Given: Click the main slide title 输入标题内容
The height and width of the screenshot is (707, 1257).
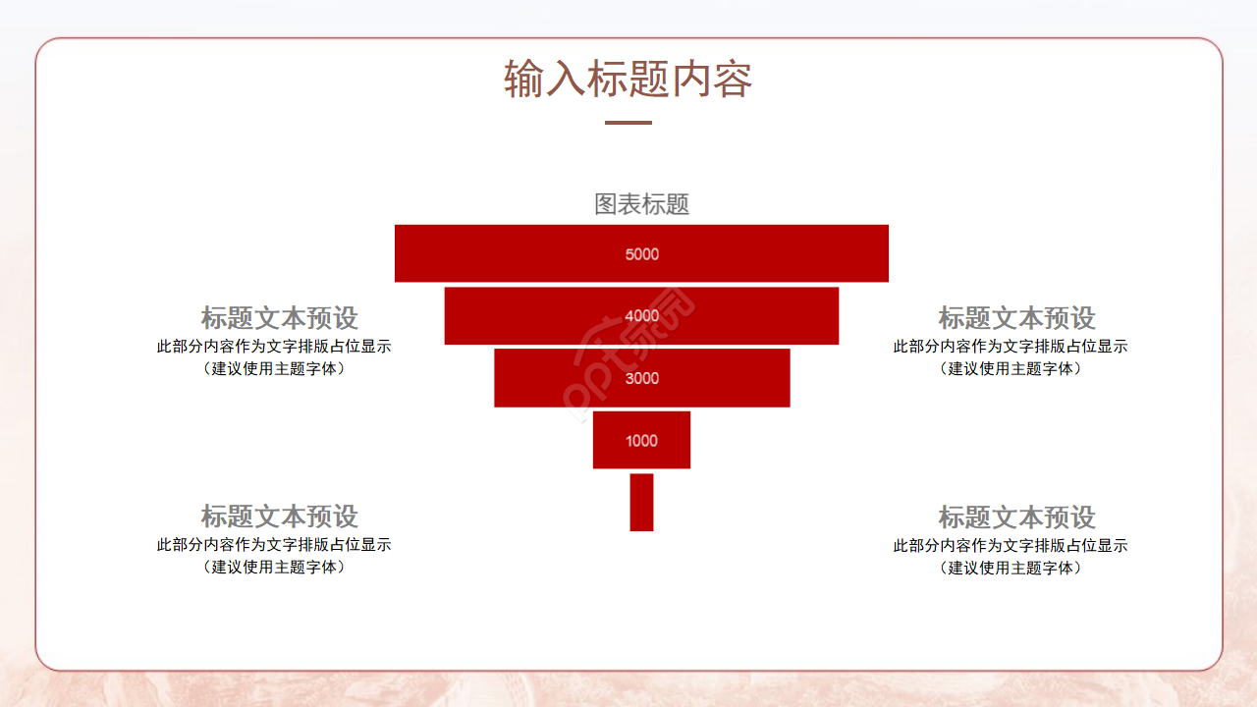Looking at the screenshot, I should tap(628, 80).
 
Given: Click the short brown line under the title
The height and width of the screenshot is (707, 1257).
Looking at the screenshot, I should tap(628, 123).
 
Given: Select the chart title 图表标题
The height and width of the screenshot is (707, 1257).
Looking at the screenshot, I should tap(641, 204).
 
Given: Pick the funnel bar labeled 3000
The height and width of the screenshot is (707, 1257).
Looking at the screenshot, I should tap(560, 378).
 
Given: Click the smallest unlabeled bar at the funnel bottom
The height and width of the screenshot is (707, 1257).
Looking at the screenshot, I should tap(641, 502).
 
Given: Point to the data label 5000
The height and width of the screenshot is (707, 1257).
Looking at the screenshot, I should tap(641, 254).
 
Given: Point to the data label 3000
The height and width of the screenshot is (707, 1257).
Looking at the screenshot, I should tap(641, 378).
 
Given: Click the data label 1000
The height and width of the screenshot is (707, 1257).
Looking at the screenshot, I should tap(641, 440).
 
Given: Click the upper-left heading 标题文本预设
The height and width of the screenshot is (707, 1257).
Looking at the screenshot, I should tap(280, 318).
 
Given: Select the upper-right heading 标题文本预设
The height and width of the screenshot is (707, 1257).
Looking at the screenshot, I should tap(1016, 318).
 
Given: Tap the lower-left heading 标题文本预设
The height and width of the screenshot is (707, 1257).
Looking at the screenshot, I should tap(280, 517).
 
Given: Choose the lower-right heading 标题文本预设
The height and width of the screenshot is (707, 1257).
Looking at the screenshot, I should tap(1016, 517).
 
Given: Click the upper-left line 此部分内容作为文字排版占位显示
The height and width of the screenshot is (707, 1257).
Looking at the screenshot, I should tap(274, 347).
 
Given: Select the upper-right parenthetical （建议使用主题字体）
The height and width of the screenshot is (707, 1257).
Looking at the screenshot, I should tap(1011, 369).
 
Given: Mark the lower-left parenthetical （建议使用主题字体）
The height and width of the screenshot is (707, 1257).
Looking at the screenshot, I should tap(274, 568).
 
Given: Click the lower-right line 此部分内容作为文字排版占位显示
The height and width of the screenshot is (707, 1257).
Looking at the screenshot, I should tap(1011, 546).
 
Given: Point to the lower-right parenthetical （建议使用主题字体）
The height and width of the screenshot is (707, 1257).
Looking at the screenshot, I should tap(1011, 569).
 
